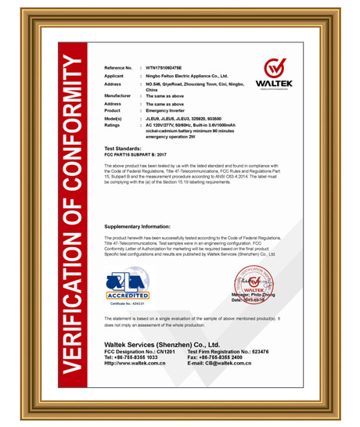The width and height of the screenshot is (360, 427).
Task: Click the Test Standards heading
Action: tap(123, 148)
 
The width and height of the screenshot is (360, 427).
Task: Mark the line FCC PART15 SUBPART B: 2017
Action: tap(140, 154)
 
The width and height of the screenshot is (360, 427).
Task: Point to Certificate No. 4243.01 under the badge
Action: tap(126, 304)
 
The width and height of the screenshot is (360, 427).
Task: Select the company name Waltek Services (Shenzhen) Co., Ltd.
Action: tap(162, 344)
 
